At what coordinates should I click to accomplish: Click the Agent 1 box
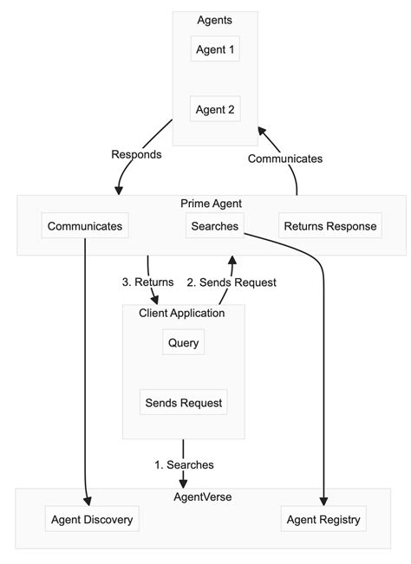[x=215, y=49]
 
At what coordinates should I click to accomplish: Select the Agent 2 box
[x=215, y=109]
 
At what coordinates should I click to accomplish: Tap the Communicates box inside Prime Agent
[x=85, y=226]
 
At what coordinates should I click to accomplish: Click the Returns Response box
[x=330, y=226]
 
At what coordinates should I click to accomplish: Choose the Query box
[x=184, y=342]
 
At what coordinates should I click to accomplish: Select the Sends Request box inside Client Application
[x=184, y=402]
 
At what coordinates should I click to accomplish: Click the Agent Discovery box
[x=92, y=520]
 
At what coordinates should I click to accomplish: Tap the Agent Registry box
[x=323, y=520]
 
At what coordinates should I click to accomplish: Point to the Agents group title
[x=215, y=20]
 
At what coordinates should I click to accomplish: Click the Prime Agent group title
[x=211, y=204]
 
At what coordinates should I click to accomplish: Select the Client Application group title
[x=182, y=313]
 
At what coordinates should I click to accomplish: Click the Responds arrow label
[x=136, y=154]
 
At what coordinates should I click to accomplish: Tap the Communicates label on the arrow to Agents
[x=285, y=159]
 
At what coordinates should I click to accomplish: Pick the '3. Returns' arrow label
[x=147, y=282]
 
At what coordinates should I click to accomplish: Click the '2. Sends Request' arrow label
[x=232, y=282]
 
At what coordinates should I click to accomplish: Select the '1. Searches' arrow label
[x=184, y=464]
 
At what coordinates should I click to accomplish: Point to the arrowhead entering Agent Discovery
[x=88, y=502]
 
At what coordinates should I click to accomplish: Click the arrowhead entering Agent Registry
[x=323, y=502]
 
